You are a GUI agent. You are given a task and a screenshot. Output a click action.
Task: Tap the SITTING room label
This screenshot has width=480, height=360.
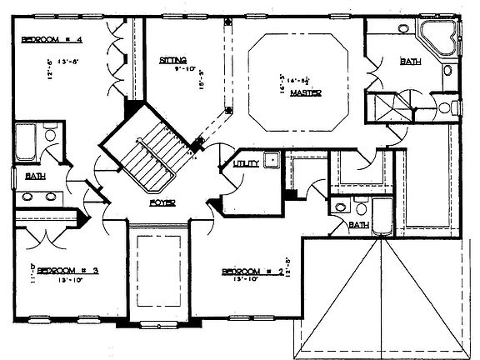172,60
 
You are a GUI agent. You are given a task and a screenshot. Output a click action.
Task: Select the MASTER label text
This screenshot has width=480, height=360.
300,93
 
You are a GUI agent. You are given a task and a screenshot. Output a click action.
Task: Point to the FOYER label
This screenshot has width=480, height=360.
162,202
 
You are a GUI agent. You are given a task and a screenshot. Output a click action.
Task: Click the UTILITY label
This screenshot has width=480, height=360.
245,164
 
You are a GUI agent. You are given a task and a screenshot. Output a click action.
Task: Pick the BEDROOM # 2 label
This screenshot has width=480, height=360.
251,271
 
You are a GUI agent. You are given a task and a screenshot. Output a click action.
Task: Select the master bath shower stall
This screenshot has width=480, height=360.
389,108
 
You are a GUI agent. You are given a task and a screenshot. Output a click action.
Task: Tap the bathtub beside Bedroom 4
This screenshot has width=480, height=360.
24,142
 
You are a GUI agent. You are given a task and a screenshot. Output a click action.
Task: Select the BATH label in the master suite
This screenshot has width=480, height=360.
410,61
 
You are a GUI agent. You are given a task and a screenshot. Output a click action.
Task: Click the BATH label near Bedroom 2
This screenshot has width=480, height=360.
358,225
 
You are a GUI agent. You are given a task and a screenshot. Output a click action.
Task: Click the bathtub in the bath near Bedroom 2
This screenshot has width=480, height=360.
382,215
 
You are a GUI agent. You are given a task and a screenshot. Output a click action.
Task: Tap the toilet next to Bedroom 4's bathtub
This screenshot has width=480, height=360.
49,133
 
